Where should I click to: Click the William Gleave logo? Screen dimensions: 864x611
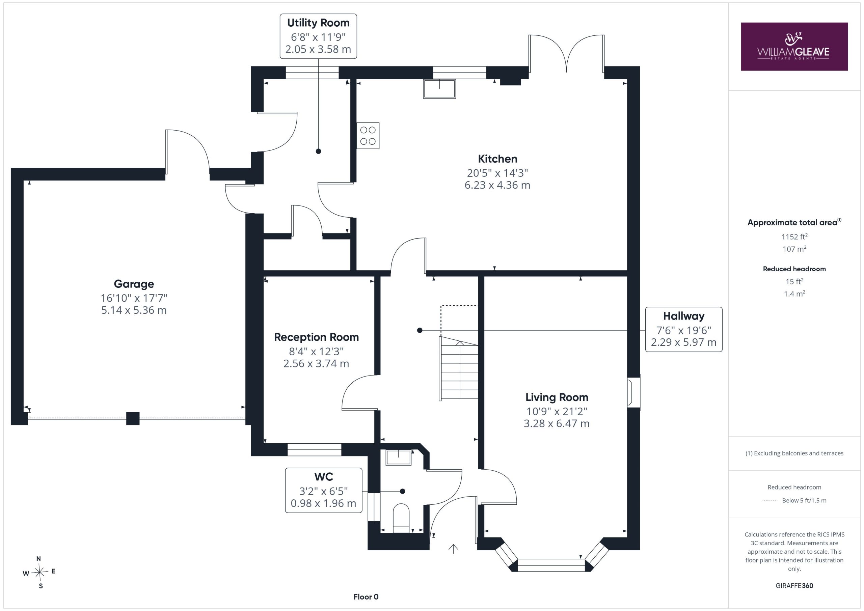tap(794, 46)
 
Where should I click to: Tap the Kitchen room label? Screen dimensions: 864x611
tap(497, 159)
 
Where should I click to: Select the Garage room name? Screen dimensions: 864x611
tap(134, 284)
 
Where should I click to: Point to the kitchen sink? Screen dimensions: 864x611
tap(439, 89)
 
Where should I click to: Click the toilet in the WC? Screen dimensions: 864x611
tap(401, 518)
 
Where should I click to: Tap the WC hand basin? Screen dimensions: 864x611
tap(399, 457)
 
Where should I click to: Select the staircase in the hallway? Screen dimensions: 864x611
tap(459, 368)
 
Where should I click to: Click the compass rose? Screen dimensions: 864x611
tap(39, 573)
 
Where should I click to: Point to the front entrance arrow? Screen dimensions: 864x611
tap(453, 549)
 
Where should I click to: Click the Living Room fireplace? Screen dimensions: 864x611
tap(633, 393)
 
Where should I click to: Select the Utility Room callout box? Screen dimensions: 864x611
tap(318, 36)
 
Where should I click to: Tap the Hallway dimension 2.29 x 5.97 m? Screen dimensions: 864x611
tap(684, 342)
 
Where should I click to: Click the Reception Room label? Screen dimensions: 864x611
tap(317, 337)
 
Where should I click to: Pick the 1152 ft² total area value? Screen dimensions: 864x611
tap(794, 237)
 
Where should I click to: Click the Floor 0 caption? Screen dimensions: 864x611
tap(366, 597)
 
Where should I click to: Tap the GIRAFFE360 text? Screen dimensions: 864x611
tap(794, 585)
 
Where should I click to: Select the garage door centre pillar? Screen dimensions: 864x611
tap(133, 419)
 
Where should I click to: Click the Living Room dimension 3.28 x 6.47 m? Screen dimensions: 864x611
tap(557, 424)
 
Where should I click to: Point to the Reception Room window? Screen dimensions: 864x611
tap(314, 450)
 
